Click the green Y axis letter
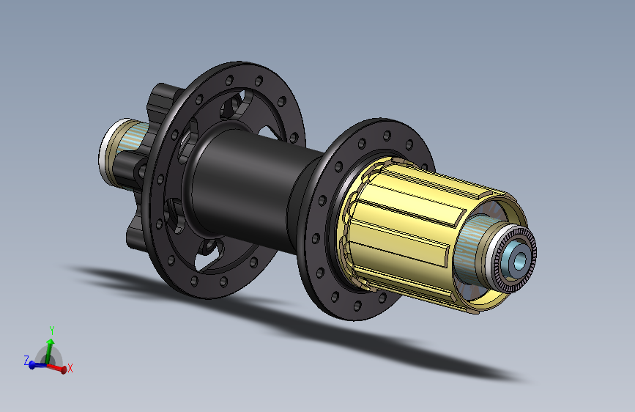click(x=52, y=331)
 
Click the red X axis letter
click(x=70, y=368)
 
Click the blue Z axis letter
click(x=26, y=360)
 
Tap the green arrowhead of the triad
click(x=51, y=342)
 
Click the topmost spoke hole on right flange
click(x=387, y=135)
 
